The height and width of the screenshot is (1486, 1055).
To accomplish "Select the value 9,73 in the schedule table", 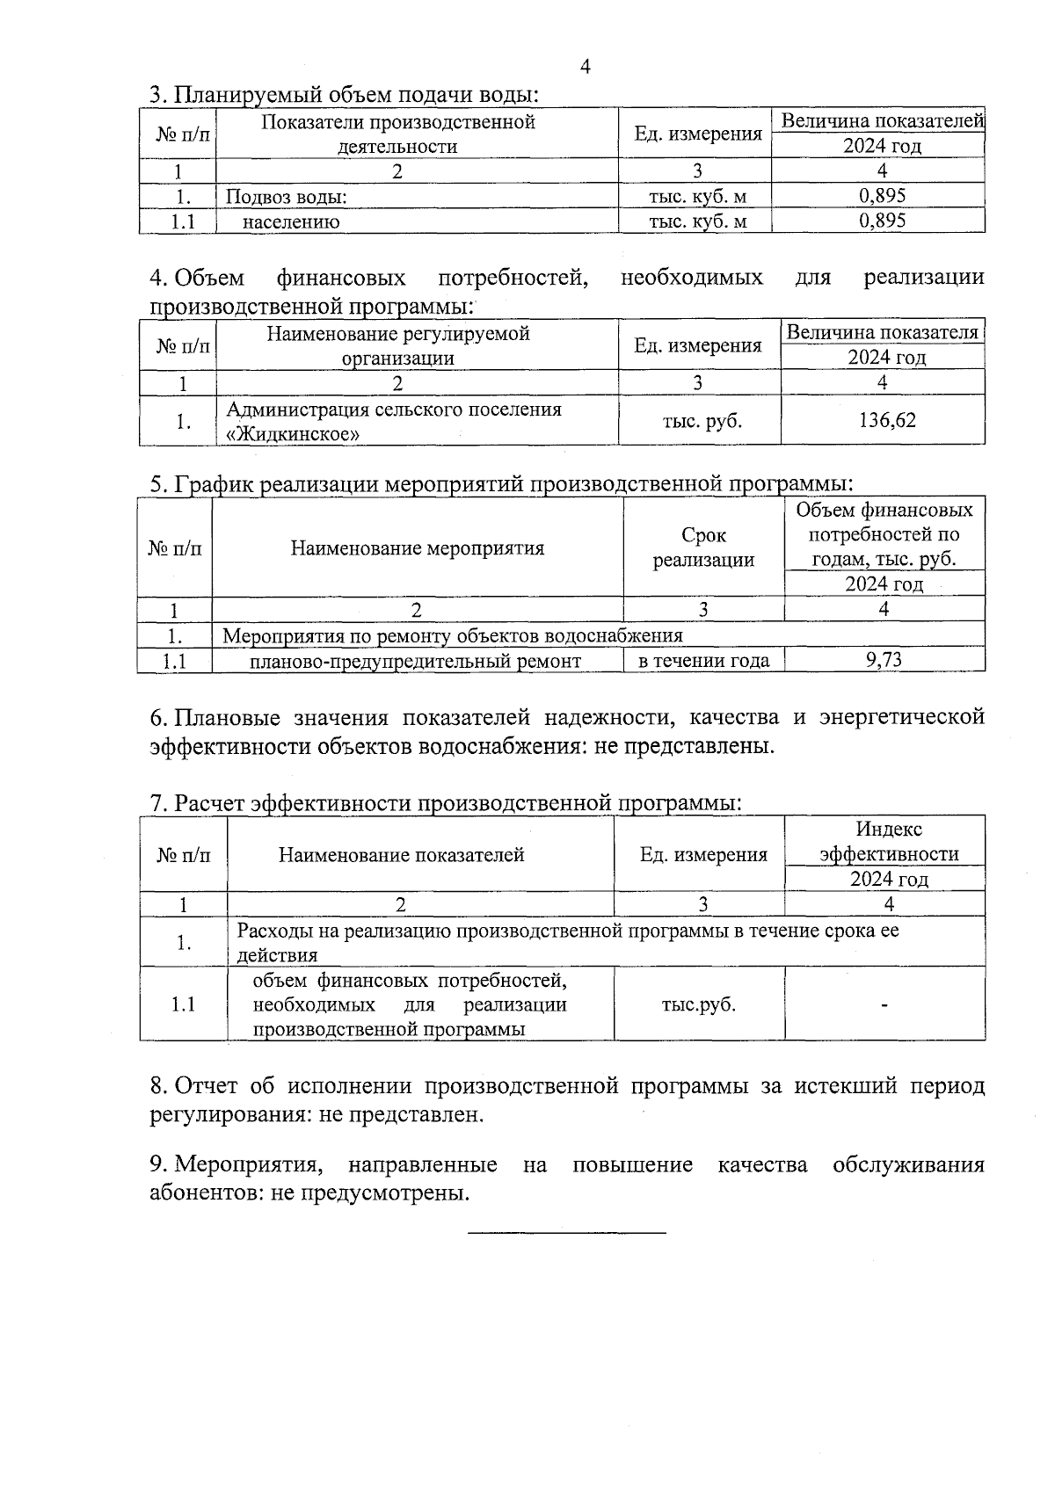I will (x=884, y=660).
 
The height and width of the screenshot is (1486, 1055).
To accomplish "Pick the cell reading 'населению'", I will (x=291, y=221).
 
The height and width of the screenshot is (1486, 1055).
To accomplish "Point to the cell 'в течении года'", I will (x=703, y=661).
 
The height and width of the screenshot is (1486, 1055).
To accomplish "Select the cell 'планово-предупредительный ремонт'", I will (x=415, y=661).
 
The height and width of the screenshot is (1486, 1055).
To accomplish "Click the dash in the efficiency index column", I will (x=884, y=1004).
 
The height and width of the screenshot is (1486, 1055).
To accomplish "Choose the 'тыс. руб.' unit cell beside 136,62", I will (x=702, y=421).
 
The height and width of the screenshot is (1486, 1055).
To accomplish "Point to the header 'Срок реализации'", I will (x=703, y=547).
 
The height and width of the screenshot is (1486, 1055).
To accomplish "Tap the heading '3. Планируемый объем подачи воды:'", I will (x=344, y=94).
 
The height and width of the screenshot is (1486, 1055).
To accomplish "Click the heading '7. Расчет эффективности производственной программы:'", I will (x=446, y=803).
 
